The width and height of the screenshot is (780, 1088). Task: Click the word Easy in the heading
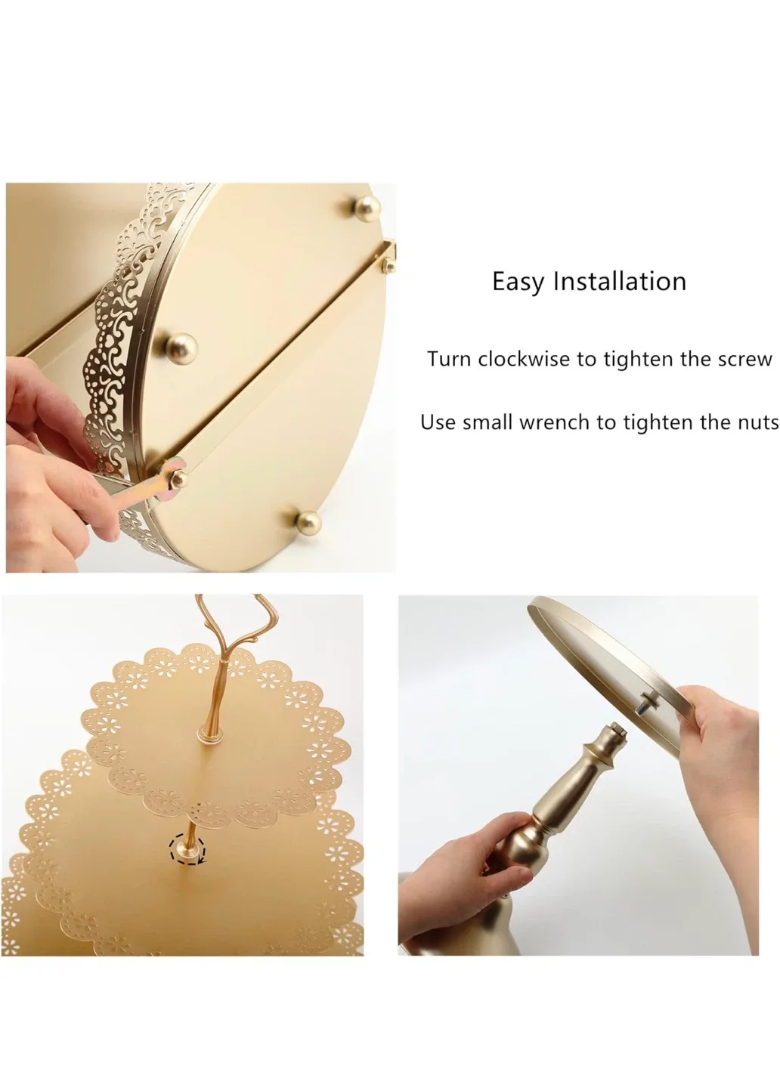coord(519,282)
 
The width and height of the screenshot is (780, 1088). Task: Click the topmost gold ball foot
coord(367,206)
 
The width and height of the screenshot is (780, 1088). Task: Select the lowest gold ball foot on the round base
coord(308,521)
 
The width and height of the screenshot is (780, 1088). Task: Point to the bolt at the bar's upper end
coord(390,264)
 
